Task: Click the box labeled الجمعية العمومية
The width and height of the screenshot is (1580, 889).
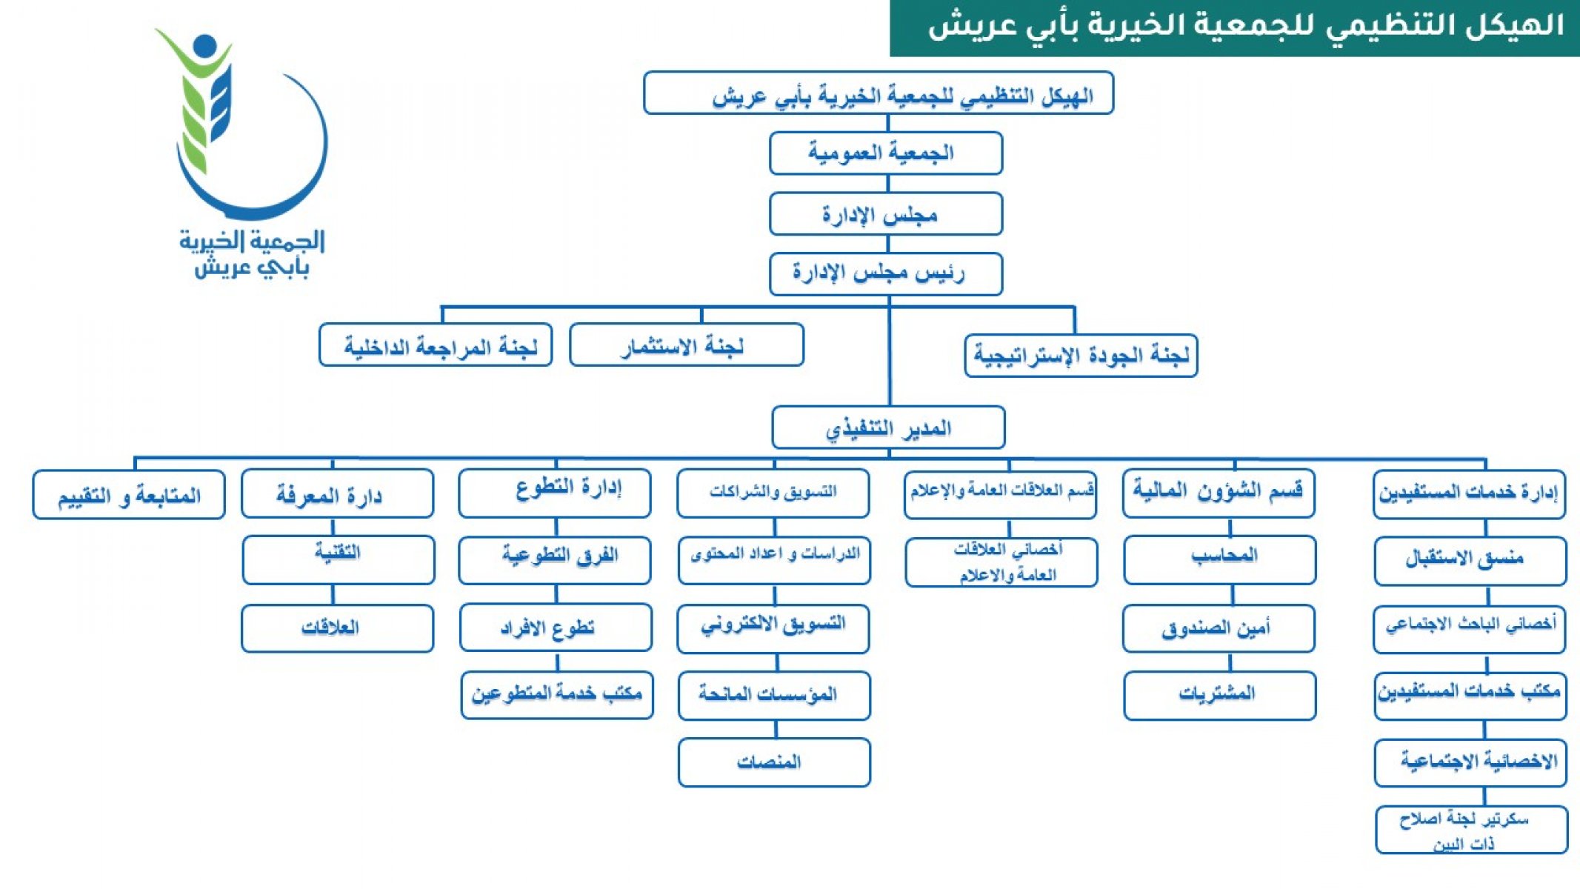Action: point(886,153)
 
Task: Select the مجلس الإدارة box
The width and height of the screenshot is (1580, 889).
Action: point(886,214)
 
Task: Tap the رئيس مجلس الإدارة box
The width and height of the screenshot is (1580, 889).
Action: point(886,274)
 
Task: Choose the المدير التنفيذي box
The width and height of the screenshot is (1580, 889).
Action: point(888,427)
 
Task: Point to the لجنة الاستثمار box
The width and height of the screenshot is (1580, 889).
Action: point(687,344)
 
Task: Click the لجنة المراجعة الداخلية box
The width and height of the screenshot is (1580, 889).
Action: point(436,344)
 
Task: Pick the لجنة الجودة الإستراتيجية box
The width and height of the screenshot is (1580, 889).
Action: point(1081,356)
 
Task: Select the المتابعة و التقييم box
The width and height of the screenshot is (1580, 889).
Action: point(129,495)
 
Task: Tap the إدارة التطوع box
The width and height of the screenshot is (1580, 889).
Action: point(555,493)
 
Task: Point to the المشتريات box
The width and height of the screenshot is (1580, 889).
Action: point(1220,696)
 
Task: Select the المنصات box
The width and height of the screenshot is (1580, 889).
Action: point(774,762)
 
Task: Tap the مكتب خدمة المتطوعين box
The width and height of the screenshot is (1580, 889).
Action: point(557,695)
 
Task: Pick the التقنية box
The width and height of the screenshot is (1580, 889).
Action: point(339,560)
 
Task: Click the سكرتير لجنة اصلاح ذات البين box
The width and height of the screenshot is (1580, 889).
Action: point(1472,830)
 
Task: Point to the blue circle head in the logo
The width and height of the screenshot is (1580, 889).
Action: point(205,46)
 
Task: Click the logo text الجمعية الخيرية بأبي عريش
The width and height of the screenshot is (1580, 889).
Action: point(252,253)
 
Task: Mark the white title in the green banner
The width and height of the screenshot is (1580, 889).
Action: point(1246,26)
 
